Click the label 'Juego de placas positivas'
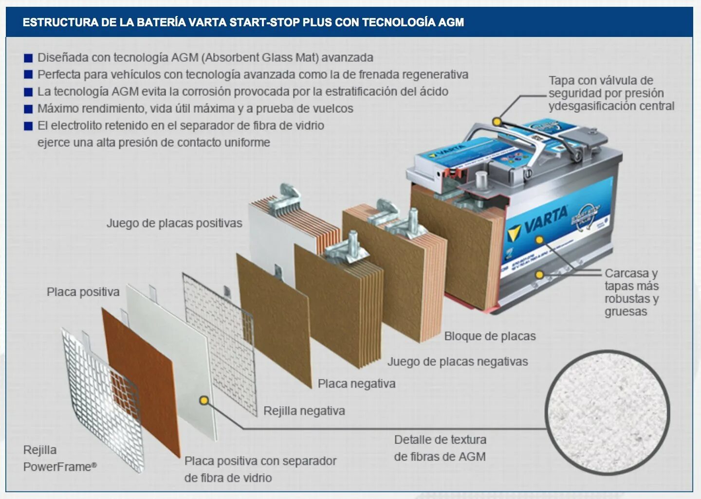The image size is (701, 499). coord(174,223)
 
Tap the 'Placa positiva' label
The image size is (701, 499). coord(83,292)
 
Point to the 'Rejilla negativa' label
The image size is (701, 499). coord(304,411)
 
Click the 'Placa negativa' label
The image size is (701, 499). coord(356,384)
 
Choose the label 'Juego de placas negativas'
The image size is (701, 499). coord(458,361)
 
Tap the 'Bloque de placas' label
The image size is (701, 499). coord(490,336)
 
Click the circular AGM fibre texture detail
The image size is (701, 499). coord(607,412)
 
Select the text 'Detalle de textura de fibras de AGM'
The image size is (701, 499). coord(440,448)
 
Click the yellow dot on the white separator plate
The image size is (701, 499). coord(204,401)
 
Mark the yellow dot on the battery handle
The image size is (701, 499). coord(497,121)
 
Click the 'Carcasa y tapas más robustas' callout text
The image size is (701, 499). coord(631,292)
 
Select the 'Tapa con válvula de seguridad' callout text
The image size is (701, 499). coord(611,93)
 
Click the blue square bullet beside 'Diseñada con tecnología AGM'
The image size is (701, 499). coord(28,58)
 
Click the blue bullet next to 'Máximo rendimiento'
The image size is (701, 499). coord(28,109)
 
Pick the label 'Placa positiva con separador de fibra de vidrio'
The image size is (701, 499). coord(260,469)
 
